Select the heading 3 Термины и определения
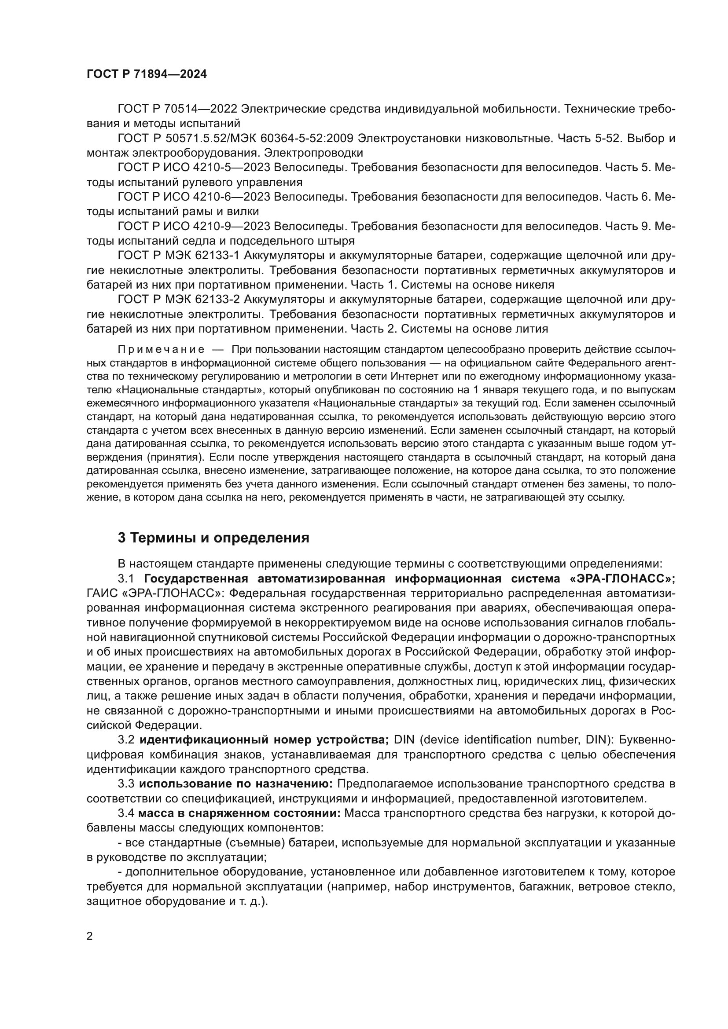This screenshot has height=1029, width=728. pyautogui.click(x=213, y=537)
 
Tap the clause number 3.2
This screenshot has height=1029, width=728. pyautogui.click(x=126, y=740)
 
